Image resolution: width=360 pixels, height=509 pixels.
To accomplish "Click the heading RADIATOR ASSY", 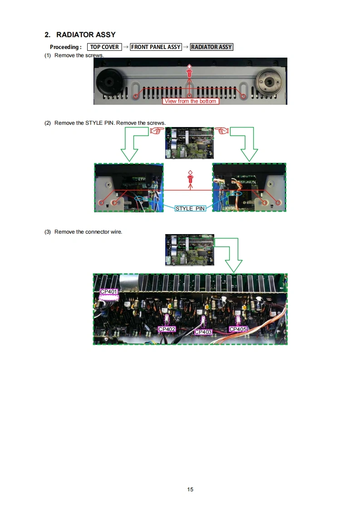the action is tap(86, 34).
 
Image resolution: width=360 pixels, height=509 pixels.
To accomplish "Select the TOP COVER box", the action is tap(104, 47).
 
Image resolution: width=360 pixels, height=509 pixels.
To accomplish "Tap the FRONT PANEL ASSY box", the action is tap(156, 47).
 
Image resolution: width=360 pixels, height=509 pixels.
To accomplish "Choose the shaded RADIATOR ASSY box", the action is tap(212, 47).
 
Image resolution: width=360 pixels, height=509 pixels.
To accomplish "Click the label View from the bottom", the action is tap(190, 101).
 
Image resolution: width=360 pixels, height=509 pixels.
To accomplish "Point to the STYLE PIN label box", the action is tap(190, 208).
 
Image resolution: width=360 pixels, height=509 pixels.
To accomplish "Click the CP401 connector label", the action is tap(108, 292).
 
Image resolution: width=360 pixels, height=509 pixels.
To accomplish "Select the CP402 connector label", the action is tap(167, 329).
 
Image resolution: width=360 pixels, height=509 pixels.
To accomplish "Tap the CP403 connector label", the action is tap(203, 332).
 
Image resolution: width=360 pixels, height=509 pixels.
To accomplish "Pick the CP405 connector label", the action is tap(238, 329).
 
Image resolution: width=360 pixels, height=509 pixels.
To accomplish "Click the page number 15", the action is tap(190, 489).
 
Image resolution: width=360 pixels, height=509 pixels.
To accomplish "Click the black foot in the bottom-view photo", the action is tap(110, 82).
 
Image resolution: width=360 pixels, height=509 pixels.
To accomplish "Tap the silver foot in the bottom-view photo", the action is tap(268, 82).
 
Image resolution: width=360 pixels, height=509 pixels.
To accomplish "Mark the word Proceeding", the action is tap(64, 47).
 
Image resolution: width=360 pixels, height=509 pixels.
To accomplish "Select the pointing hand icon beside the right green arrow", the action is tap(222, 131).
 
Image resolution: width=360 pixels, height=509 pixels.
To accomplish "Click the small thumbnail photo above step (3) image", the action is tap(190, 250).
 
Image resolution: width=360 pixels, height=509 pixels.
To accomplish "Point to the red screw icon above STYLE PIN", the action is tap(190, 177).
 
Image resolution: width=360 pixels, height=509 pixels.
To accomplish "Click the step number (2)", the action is tap(48, 123).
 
